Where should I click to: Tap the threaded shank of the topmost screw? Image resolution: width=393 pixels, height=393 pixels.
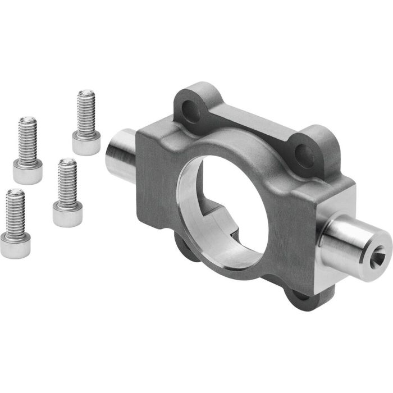86,112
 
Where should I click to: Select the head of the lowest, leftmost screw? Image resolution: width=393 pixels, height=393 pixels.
15,245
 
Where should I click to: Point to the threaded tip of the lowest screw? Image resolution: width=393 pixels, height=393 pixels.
15,196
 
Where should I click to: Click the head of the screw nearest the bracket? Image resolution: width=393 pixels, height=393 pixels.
67,214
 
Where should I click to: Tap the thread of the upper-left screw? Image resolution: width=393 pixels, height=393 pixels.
28,138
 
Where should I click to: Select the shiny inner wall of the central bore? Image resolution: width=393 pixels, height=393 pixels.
194,208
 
